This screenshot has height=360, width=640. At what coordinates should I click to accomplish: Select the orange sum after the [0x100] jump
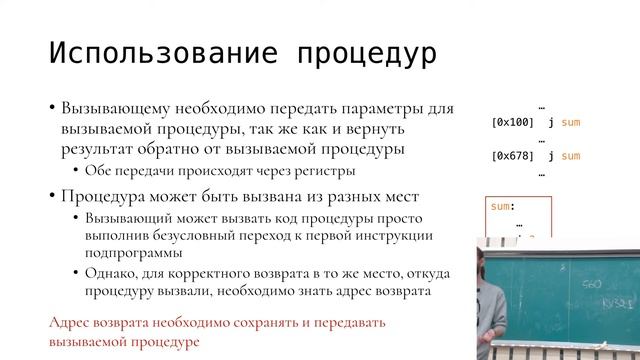(571, 122)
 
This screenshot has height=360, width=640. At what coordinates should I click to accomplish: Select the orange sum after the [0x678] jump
(571, 156)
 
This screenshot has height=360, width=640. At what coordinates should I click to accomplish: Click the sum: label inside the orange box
(503, 206)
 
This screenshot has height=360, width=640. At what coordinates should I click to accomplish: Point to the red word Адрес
(70, 323)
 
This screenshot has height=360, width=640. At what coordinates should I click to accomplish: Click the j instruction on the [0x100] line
(552, 122)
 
